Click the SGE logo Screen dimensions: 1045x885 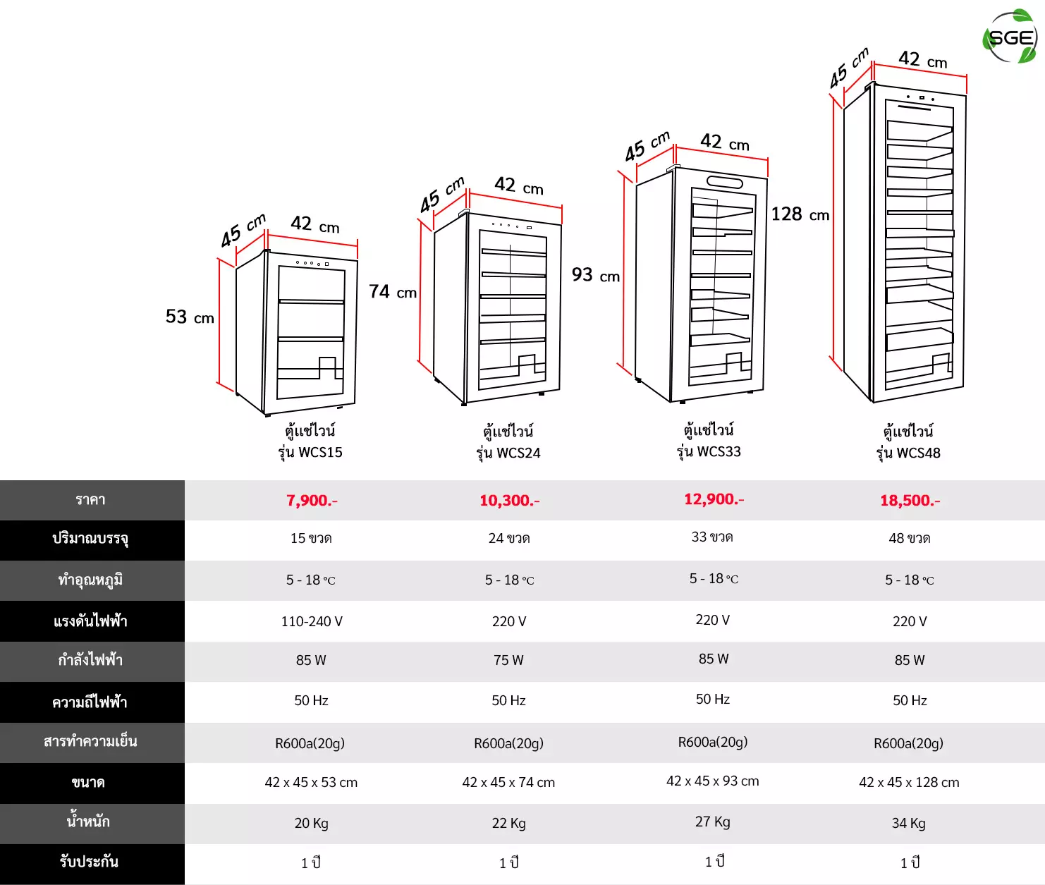1010,37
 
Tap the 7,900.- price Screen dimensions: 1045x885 312,500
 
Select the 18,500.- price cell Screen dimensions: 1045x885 910,500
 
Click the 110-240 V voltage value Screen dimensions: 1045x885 312,621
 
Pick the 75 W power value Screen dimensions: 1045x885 508,660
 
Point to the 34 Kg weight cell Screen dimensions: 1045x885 908,824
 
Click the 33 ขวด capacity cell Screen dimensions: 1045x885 712,537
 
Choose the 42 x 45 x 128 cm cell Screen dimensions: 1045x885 909,782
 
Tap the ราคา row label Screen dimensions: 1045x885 90,500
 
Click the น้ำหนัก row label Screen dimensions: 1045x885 88,820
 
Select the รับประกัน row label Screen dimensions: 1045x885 89,861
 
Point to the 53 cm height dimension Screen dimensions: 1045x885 190,317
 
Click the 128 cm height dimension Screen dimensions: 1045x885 800,214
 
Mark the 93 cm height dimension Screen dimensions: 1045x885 596,274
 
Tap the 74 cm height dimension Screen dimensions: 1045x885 393,291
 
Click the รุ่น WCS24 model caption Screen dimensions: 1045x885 508,453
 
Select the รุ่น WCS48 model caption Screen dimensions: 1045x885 908,453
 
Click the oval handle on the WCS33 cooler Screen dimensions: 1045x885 724,182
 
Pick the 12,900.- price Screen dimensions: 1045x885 714,499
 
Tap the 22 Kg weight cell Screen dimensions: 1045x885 508,824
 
